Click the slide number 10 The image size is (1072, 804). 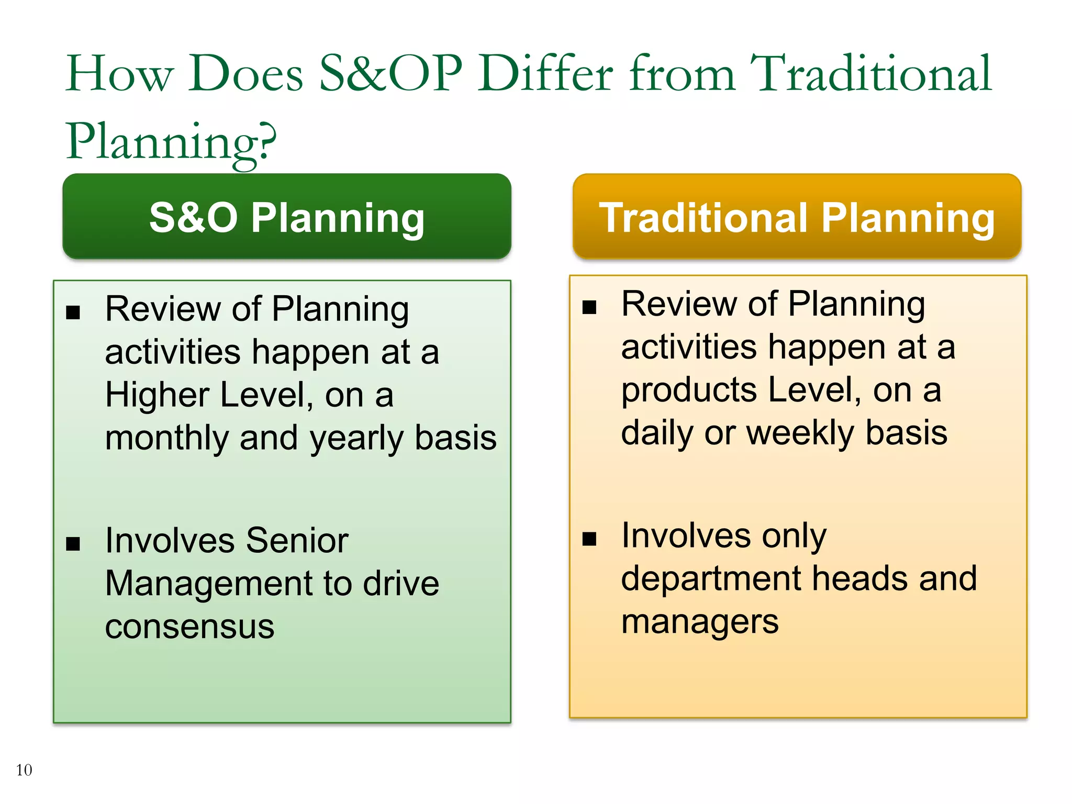[24, 770]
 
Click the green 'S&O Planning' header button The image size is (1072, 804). [287, 217]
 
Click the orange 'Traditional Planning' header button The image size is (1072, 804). [797, 217]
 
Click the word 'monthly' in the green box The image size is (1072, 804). [166, 439]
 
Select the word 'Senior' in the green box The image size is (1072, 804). [297, 540]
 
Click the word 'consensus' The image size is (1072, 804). [189, 627]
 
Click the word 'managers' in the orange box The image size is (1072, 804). [700, 622]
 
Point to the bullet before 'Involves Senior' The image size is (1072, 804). [73, 544]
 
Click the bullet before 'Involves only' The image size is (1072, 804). [589, 539]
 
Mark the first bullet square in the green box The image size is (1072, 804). [73, 313]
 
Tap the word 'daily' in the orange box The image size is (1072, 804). [657, 433]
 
